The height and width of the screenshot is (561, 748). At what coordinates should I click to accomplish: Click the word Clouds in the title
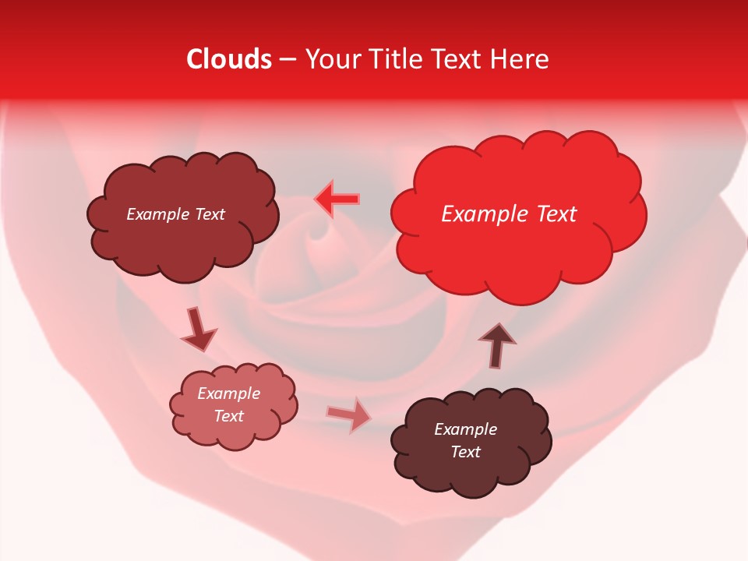[229, 60]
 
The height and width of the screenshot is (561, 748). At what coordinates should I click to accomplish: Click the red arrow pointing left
[337, 200]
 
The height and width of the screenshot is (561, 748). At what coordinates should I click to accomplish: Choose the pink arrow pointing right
[349, 415]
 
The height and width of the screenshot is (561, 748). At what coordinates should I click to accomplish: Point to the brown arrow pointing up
[497, 344]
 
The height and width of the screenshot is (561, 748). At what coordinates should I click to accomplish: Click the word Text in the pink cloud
[229, 416]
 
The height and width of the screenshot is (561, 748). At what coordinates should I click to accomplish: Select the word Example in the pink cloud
[229, 393]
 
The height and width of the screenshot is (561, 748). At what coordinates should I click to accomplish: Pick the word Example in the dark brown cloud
[466, 429]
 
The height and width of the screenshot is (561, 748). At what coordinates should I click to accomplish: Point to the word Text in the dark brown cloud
[466, 452]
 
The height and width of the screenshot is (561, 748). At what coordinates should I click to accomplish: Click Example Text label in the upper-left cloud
[176, 214]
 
